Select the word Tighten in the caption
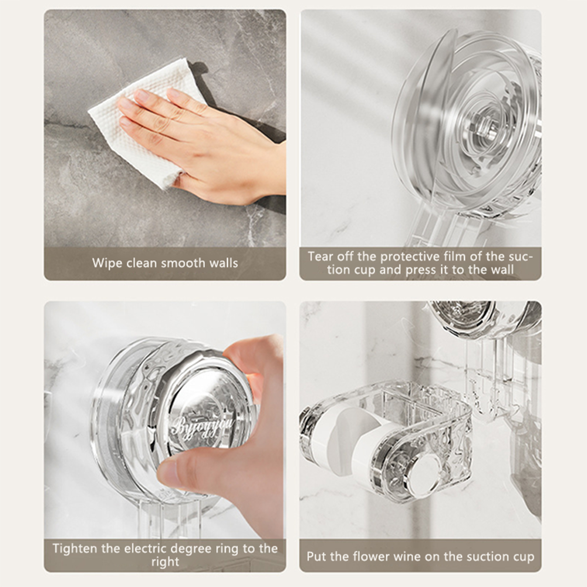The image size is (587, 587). tap(75, 549)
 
